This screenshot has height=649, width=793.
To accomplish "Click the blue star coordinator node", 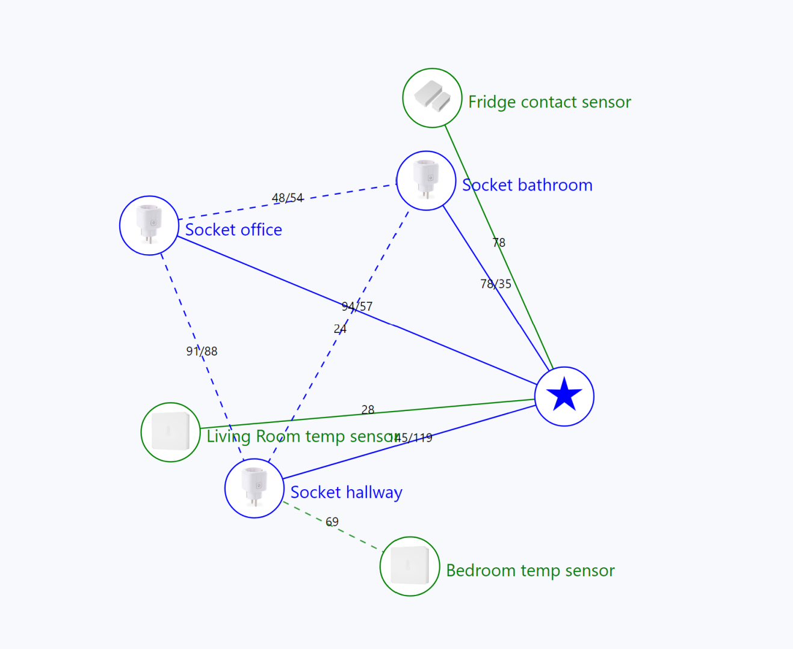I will pos(564,396).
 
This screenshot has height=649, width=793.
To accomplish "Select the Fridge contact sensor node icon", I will pos(432,97).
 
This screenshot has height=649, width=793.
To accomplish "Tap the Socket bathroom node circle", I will pos(426,180).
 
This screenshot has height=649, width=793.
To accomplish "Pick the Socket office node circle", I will pos(149,225).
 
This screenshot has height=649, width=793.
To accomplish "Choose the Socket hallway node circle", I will pos(254,488).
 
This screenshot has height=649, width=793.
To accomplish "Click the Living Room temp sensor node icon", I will pos(170,432).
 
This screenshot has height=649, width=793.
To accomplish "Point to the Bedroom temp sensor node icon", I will pos(409,566).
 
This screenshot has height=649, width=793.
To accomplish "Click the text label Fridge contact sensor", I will pos(549,102).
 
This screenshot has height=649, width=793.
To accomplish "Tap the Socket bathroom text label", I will pos(527,185).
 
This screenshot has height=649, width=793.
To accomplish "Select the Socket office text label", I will pos(233,230).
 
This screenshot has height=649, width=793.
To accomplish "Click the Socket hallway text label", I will pos(346,492).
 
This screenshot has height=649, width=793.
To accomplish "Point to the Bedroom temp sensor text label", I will pos(530,570).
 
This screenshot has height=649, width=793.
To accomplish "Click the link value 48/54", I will pos(288,198).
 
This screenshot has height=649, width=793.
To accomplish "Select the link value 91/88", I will pos(202,351).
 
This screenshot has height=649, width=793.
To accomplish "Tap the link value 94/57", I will pos(357,306).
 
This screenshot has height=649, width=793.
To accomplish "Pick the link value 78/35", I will pos(496,284).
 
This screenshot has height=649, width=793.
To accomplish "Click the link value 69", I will pos(332,522).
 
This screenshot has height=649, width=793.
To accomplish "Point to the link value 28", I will pos(368,409).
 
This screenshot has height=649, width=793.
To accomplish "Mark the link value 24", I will pos(340,329).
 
